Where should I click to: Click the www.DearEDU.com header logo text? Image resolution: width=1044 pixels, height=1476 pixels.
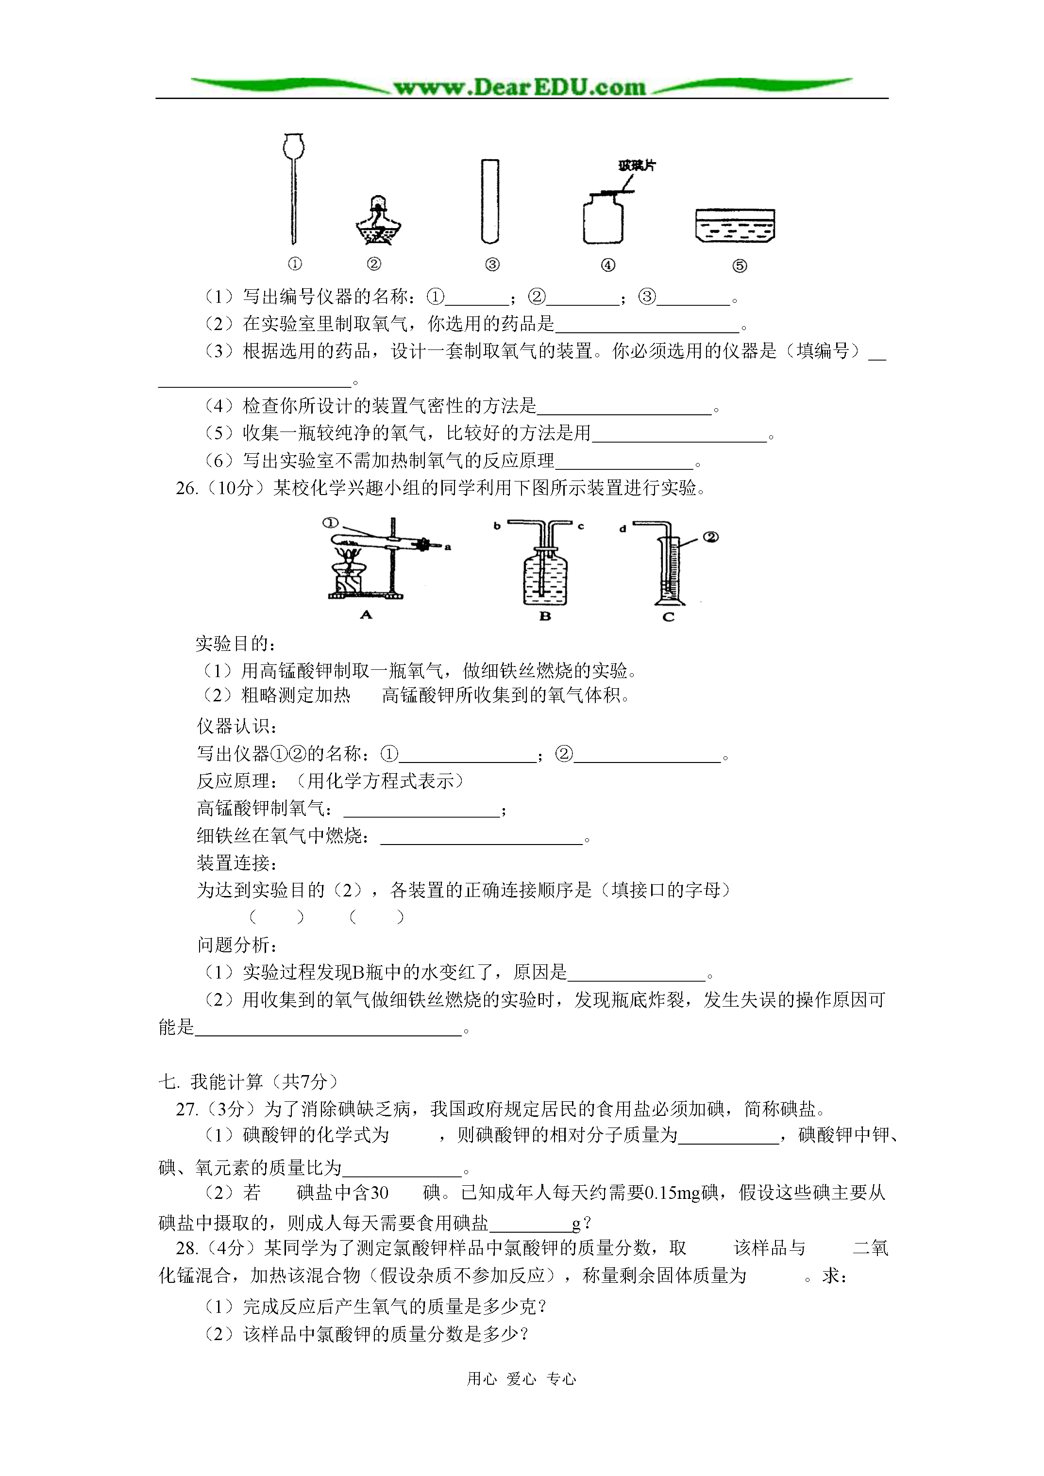click(520, 87)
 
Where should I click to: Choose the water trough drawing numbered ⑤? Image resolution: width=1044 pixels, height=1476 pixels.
click(735, 226)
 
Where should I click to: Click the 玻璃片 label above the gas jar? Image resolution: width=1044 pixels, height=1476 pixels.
click(637, 166)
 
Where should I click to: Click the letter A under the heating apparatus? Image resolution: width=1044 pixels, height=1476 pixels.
click(366, 614)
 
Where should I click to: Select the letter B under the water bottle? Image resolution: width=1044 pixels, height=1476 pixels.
click(545, 616)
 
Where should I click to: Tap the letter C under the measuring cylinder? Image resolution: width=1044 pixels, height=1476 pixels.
click(668, 616)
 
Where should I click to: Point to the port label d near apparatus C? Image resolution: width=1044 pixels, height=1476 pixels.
click(622, 529)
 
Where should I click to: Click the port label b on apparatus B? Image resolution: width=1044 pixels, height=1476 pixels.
click(497, 526)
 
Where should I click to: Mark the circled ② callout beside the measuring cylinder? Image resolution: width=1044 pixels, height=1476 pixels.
click(711, 536)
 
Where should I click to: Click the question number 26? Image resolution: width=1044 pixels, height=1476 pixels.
click(186, 489)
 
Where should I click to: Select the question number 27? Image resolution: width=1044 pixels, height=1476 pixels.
click(186, 1109)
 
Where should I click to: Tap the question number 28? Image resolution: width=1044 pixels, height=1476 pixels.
click(186, 1248)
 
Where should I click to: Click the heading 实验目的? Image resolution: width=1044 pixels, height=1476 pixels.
click(236, 644)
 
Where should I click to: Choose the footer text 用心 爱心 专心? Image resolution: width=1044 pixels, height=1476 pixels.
click(522, 1378)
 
